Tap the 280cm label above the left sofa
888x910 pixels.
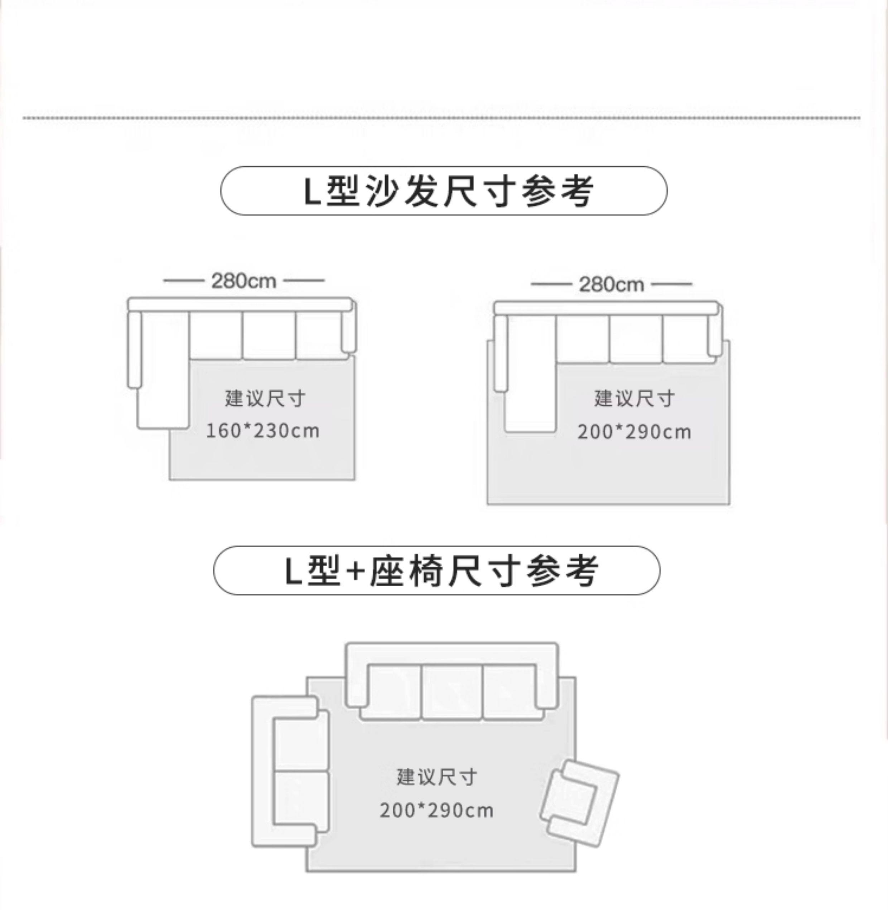[243, 281]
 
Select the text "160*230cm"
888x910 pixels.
[262, 431]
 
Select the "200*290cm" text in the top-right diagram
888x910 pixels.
[634, 432]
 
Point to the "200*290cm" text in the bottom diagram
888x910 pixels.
[436, 810]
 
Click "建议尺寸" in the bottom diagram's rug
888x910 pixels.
[436, 777]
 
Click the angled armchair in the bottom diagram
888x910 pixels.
[579, 801]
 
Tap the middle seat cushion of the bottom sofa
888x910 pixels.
[452, 691]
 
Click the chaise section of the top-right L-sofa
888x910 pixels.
[531, 373]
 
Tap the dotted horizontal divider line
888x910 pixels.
[441, 118]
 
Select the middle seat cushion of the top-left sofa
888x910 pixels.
[269, 336]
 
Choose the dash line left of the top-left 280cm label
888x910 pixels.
[183, 281]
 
